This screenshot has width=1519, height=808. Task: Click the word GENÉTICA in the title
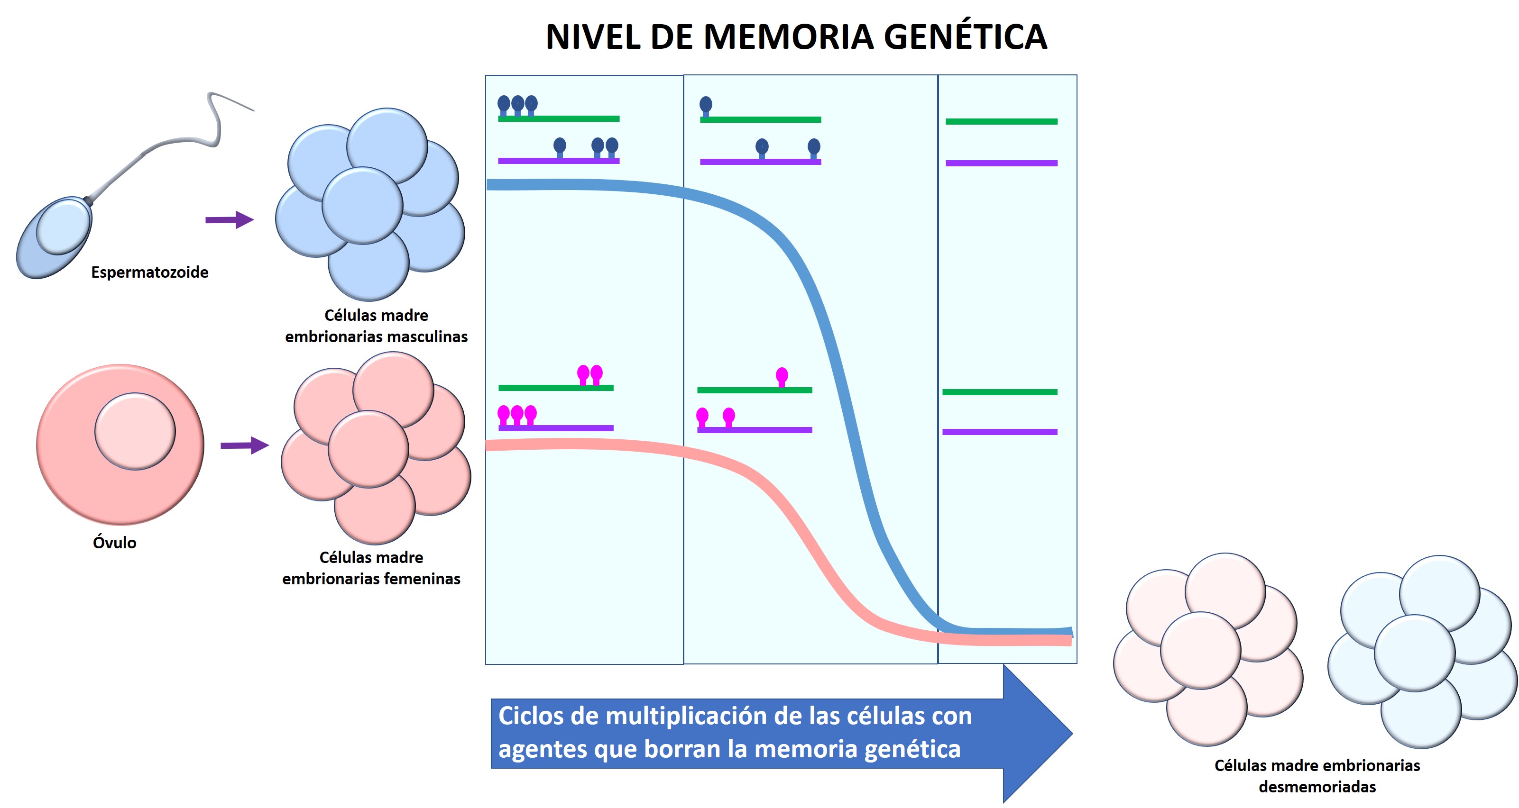point(965,36)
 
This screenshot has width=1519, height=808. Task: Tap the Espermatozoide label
point(150,272)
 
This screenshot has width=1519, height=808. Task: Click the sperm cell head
point(56,236)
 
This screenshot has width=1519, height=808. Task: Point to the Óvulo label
point(114,542)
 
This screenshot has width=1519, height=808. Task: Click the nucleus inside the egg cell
point(135,431)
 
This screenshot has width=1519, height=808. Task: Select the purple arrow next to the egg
point(245,445)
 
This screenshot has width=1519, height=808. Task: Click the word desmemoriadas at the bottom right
point(1317,786)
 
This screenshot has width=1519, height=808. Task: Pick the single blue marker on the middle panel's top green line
point(706,106)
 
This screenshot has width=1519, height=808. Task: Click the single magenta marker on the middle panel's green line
point(782,376)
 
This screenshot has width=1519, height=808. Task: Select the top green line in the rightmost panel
point(1001,121)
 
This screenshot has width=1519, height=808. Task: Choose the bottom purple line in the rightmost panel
point(1000,432)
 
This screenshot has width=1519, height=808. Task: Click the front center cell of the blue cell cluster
point(362,205)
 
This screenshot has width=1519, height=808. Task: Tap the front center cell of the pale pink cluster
point(1201,650)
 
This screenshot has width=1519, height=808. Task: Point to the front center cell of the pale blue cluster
point(1415,653)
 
